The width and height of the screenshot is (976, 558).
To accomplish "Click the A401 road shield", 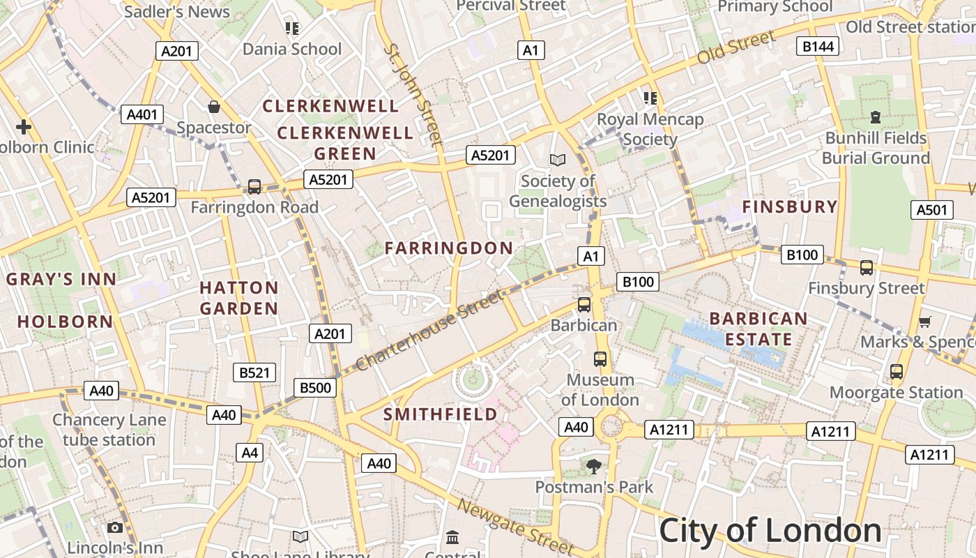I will click(x=142, y=114).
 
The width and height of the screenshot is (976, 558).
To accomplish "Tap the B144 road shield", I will click(x=818, y=46).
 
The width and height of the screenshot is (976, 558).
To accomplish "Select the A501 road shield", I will click(x=932, y=210).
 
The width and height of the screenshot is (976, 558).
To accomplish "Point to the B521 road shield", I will click(x=254, y=372).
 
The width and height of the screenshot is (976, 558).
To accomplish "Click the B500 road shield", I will click(x=315, y=388).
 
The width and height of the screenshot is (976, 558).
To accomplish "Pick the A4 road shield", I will click(x=250, y=453).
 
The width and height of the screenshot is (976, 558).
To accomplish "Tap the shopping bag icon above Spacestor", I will click(x=214, y=107).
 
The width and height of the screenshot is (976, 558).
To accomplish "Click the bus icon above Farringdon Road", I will click(x=254, y=187).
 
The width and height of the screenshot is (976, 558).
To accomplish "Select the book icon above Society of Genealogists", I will click(x=557, y=160).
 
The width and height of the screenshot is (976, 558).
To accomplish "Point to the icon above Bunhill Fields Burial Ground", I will click(x=876, y=117).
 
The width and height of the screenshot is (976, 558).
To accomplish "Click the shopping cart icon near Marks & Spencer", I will click(x=925, y=322).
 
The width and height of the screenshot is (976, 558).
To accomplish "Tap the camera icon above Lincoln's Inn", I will click(x=115, y=528).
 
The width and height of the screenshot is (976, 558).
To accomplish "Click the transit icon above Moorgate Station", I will click(x=897, y=372).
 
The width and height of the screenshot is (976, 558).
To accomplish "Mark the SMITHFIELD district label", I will click(x=441, y=414).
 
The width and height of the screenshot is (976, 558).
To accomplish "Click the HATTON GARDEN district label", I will click(x=239, y=298).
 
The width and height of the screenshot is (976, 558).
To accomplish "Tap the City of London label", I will click(x=770, y=531).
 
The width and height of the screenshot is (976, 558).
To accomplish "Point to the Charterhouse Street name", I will click(x=429, y=331).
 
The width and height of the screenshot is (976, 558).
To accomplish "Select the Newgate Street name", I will click(x=515, y=527).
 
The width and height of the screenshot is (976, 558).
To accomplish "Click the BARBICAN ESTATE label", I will click(x=758, y=329).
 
